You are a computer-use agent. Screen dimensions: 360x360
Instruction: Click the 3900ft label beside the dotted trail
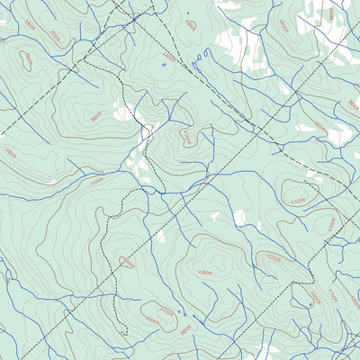[x=128, y=263]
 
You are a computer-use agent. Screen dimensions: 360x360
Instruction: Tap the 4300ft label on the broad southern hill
[x=205, y=272]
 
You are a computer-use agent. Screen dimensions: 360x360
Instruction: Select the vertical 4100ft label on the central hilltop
[x=185, y=137]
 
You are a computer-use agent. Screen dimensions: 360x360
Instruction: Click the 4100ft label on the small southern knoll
[x=166, y=310]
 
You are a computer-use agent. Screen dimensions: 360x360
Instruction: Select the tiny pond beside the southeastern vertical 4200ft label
[x=311, y=304]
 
